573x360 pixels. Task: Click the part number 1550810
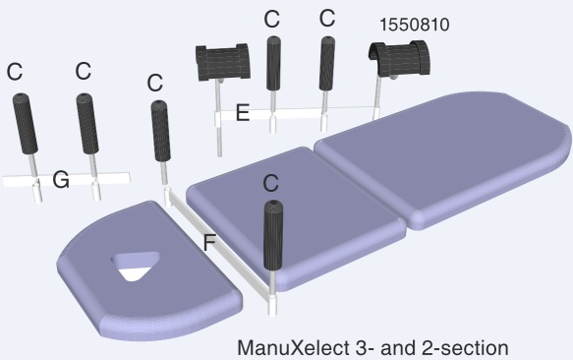tap(415, 25)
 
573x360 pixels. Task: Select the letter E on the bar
tap(243, 113)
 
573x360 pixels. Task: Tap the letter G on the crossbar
tap(61, 180)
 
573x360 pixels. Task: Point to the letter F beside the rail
tap(209, 243)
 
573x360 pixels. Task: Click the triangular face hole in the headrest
tap(137, 266)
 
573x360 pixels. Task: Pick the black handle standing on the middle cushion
tap(273, 234)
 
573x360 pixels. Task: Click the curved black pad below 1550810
tap(399, 59)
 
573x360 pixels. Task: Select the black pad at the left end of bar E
tap(222, 62)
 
